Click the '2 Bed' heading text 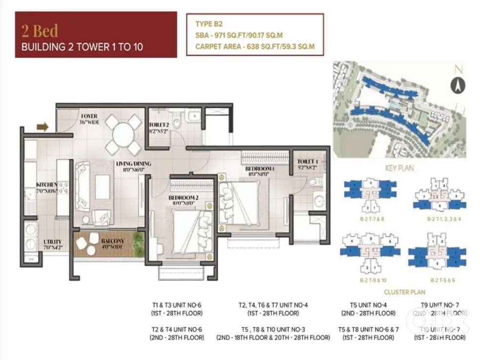pyautogui.click(x=40, y=31)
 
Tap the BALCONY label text pyautogui.click(x=113, y=241)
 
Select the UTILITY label pyautogui.click(x=52, y=241)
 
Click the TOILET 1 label pyautogui.click(x=308, y=161)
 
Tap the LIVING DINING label pyautogui.click(x=133, y=163)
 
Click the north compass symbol pyautogui.click(x=457, y=85)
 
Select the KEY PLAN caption pyautogui.click(x=399, y=168)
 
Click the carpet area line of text pyautogui.click(x=255, y=47)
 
